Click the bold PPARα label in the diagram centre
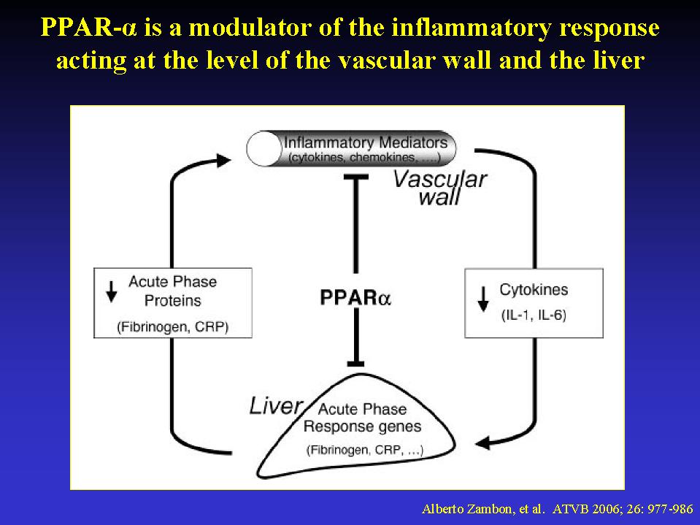click(x=355, y=298)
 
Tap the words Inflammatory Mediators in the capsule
click(x=366, y=142)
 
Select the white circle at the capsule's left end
click(x=264, y=149)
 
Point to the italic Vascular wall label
click(x=439, y=188)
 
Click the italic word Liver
click(x=275, y=406)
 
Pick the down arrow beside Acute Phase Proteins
click(x=111, y=292)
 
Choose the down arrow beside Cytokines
click(x=483, y=299)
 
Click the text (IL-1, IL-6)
click(x=534, y=315)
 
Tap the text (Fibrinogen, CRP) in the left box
click(x=173, y=327)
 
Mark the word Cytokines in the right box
click(x=534, y=290)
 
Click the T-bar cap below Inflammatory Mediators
click(x=355, y=177)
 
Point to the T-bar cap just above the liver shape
click(x=355, y=364)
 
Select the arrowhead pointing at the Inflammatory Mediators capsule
click(x=223, y=160)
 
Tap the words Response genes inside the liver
click(x=362, y=426)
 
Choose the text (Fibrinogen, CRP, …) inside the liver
click(x=364, y=450)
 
